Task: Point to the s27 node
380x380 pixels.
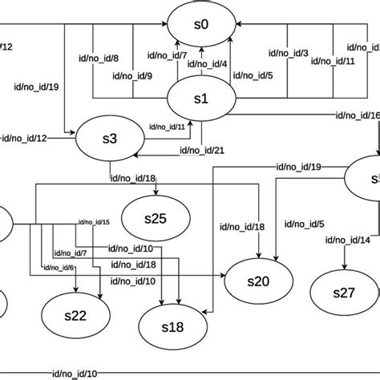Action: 343,293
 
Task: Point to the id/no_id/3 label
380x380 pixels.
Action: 289,53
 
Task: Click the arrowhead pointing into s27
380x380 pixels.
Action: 344,268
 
